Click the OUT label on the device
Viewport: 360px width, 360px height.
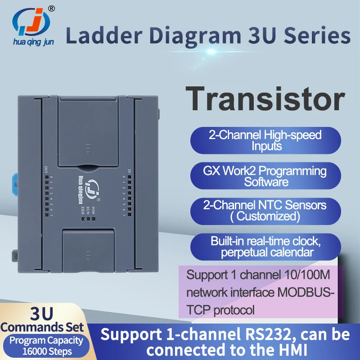(x=46, y=170)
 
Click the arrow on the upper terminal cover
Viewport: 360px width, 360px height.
(x=88, y=146)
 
